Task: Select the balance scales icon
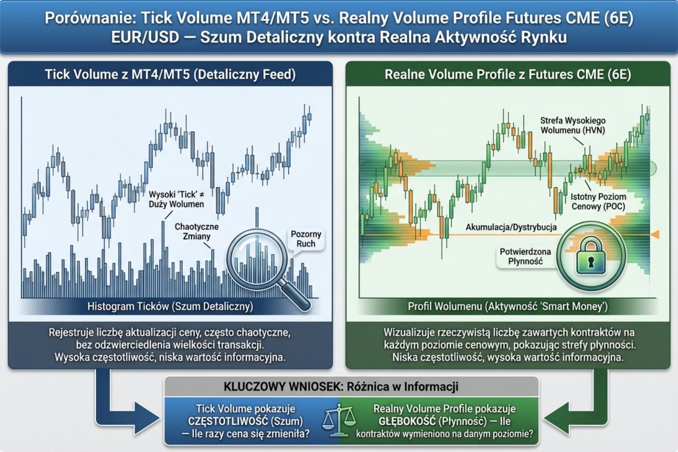click(x=338, y=420)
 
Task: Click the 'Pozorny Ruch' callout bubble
click(x=306, y=239)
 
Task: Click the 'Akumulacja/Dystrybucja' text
click(x=511, y=227)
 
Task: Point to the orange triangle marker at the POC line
click(x=655, y=234)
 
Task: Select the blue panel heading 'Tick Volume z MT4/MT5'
click(x=169, y=73)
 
